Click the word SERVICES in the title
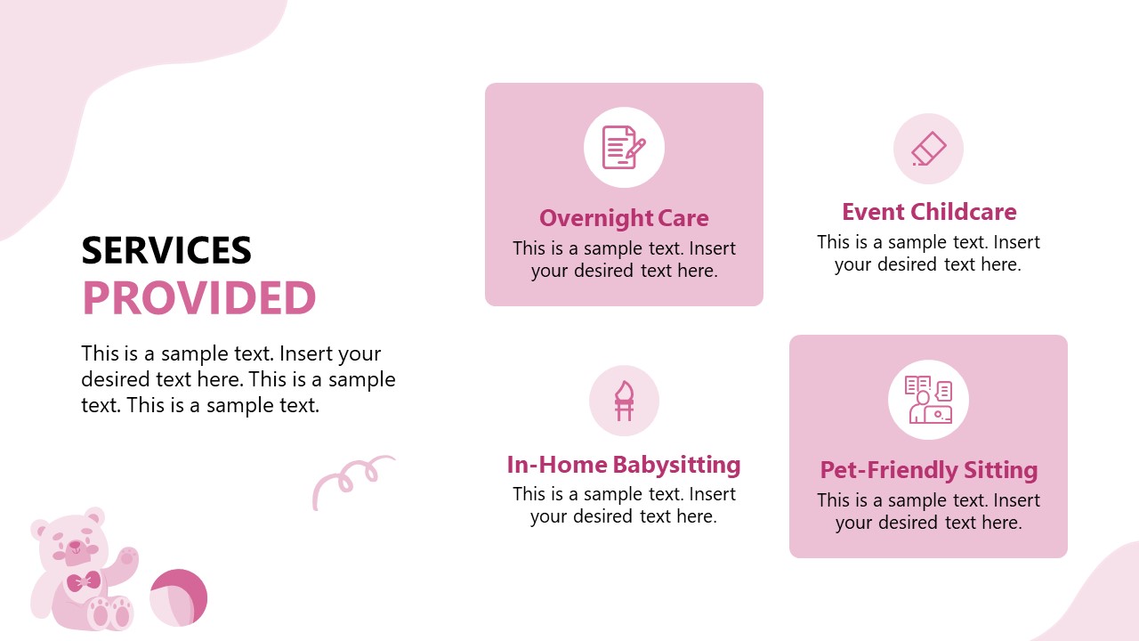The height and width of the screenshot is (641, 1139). point(166,251)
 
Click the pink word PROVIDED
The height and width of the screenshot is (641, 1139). point(199,298)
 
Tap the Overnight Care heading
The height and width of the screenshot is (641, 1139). point(624,218)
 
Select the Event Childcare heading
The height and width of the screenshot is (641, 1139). point(929,212)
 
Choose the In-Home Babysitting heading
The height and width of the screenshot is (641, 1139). point(624,465)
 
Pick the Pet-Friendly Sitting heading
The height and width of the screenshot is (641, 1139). point(929,470)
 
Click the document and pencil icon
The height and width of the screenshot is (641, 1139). point(624,148)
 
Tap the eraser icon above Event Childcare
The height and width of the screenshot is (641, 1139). point(928,149)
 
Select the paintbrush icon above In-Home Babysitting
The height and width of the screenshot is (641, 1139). point(624,400)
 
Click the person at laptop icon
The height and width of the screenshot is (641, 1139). point(928,400)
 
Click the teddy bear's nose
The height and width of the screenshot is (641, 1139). point(75,544)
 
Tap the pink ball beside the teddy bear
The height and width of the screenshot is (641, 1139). point(178,597)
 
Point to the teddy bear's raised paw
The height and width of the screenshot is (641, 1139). point(128,558)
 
